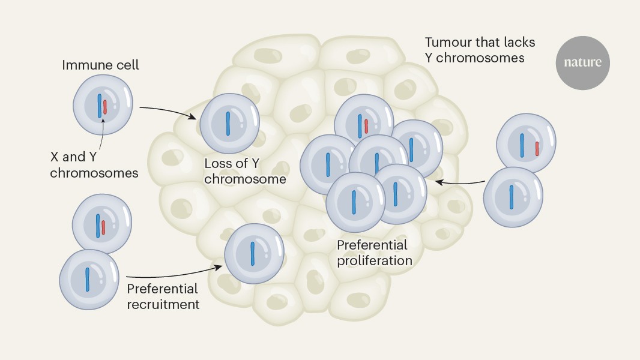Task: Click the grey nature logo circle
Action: click(582, 62)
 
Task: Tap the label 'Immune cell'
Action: click(100, 65)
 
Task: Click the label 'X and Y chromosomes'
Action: click(94, 165)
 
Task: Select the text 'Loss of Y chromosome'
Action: click(245, 171)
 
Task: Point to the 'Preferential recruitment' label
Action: click(163, 296)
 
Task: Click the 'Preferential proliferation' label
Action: click(374, 253)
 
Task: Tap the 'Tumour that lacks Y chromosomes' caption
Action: click(480, 50)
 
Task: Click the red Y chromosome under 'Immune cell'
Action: click(105, 107)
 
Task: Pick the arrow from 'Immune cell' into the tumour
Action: click(168, 111)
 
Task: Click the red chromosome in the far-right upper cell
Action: click(537, 148)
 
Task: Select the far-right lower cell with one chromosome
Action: click(512, 196)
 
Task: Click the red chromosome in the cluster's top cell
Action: click(366, 126)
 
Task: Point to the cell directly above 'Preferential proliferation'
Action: click(355, 202)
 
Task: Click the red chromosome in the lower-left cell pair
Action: click(104, 227)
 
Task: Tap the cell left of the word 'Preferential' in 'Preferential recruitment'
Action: click(88, 279)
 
